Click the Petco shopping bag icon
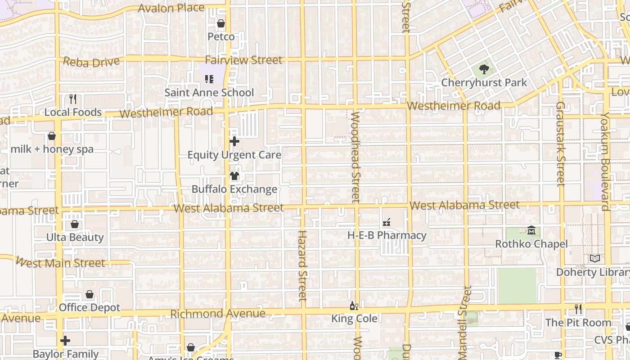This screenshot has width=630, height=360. click(x=221, y=23)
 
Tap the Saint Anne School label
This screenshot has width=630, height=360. click(x=209, y=93)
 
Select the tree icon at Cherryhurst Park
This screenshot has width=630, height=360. click(x=484, y=69)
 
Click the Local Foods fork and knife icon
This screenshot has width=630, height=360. click(x=73, y=99)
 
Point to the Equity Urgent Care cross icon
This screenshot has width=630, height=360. click(x=234, y=141)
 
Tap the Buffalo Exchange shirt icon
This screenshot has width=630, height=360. click(x=234, y=176)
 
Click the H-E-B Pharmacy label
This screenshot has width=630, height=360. click(x=387, y=235)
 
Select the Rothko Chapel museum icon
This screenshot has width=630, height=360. click(x=531, y=230)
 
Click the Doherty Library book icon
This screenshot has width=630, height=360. click(x=595, y=259)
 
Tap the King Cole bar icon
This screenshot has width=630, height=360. click(x=354, y=306)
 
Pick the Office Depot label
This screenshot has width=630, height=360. click(x=90, y=308)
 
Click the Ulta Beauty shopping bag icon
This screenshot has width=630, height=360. click(x=75, y=224)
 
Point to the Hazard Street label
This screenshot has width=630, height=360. click(x=302, y=265)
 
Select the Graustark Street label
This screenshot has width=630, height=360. click(x=560, y=144)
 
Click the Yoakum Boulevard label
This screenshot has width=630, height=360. click(x=605, y=162)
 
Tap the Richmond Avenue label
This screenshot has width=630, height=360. click(x=218, y=314)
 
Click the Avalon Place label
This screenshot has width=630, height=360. click(x=171, y=8)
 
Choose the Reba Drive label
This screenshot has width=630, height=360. click(x=91, y=62)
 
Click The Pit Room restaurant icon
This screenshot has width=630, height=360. click(x=578, y=309)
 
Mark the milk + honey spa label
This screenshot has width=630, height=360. click(x=52, y=149)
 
